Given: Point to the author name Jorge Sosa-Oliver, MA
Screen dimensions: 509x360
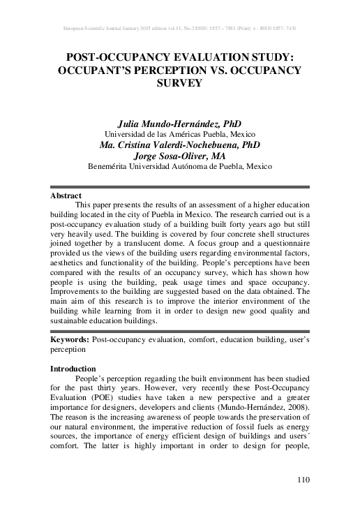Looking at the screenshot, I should point(179,156).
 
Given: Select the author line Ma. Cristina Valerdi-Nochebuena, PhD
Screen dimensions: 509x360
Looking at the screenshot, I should point(179,145).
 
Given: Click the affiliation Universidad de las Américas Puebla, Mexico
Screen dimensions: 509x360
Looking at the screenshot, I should point(179,134).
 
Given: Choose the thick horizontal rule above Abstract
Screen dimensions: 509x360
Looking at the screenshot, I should point(179,186).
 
